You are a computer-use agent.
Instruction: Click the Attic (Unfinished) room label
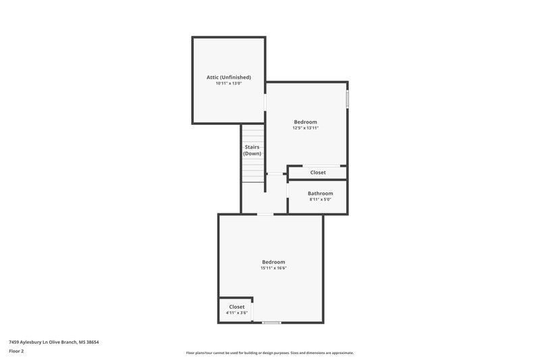coord(229,77)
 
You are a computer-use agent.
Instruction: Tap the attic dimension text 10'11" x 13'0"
coord(229,84)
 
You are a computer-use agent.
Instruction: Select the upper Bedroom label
coord(305,122)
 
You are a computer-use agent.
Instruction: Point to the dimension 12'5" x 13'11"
coord(305,128)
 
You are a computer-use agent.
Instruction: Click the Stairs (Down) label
coord(252,150)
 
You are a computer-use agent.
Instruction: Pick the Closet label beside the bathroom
coord(318,172)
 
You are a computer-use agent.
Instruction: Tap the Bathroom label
coord(321,193)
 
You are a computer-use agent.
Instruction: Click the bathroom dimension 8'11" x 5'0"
coord(321,199)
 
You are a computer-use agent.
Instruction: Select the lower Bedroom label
coord(273,262)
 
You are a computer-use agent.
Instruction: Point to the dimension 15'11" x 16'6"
coord(273,268)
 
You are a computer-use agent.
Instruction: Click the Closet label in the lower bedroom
coord(236,307)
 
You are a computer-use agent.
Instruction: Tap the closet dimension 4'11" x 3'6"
coord(236,313)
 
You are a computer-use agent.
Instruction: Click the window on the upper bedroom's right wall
coord(348,99)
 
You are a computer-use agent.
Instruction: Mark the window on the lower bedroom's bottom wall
coord(271,322)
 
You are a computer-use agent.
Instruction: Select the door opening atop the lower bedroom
coord(265,215)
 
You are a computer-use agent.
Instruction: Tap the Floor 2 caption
coord(17,352)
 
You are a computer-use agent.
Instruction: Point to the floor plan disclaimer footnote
coord(270,353)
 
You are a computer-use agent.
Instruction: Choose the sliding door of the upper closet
coord(321,165)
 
